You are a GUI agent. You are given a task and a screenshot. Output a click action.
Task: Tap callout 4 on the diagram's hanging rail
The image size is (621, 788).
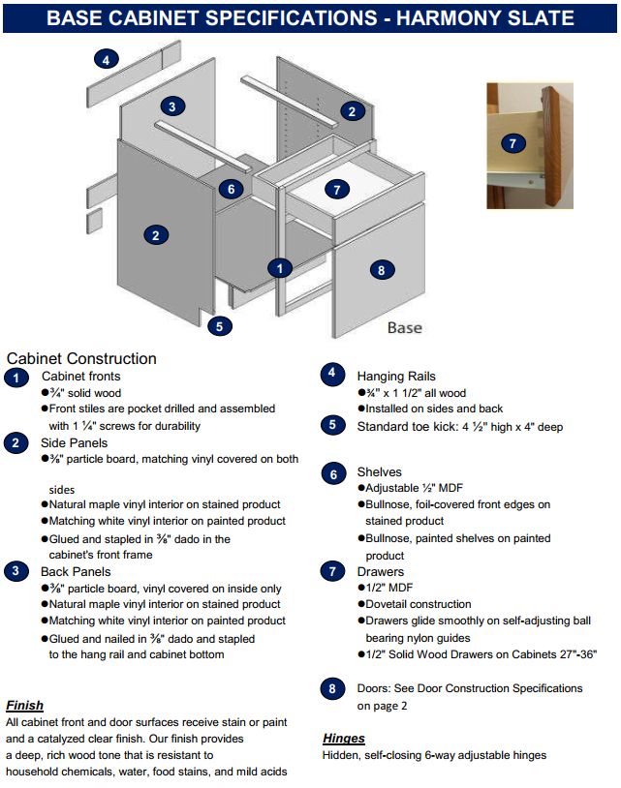tap(106, 60)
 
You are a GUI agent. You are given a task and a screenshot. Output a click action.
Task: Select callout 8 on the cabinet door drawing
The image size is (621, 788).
tap(382, 270)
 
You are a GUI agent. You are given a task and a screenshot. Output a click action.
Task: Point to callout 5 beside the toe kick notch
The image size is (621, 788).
tap(220, 326)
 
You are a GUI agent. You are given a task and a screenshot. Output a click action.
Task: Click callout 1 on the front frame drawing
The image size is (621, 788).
tap(280, 268)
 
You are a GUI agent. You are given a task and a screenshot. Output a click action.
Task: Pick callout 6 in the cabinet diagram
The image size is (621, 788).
tap(231, 189)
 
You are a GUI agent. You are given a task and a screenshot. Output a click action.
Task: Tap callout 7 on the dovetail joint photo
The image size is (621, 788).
tap(513, 143)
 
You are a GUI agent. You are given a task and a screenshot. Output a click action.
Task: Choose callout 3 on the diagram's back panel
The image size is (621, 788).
tap(171, 106)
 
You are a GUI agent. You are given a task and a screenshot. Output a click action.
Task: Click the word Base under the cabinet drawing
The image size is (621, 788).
tap(404, 327)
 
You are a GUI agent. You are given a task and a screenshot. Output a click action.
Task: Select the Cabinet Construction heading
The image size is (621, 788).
tap(81, 358)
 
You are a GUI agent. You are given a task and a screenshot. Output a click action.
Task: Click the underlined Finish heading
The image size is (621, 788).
tap(24, 705)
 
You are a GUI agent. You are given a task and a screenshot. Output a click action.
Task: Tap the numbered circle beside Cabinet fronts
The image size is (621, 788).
tap(16, 378)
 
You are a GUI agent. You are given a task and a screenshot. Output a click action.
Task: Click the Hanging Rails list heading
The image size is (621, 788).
tap(396, 376)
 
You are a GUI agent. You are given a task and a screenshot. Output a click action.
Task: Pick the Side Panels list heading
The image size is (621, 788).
tap(75, 442)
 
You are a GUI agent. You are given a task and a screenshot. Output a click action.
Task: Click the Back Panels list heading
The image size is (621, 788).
tap(76, 572)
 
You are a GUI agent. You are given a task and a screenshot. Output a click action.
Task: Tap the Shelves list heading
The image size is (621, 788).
tap(379, 472)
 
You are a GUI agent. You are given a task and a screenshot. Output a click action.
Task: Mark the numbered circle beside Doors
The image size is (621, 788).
tap(333, 689)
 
